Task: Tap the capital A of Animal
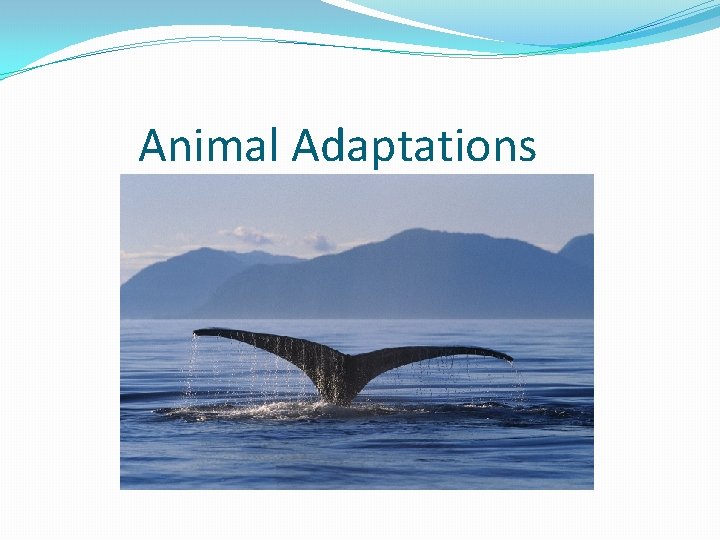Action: coord(152,146)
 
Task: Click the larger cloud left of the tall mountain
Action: coord(250,236)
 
